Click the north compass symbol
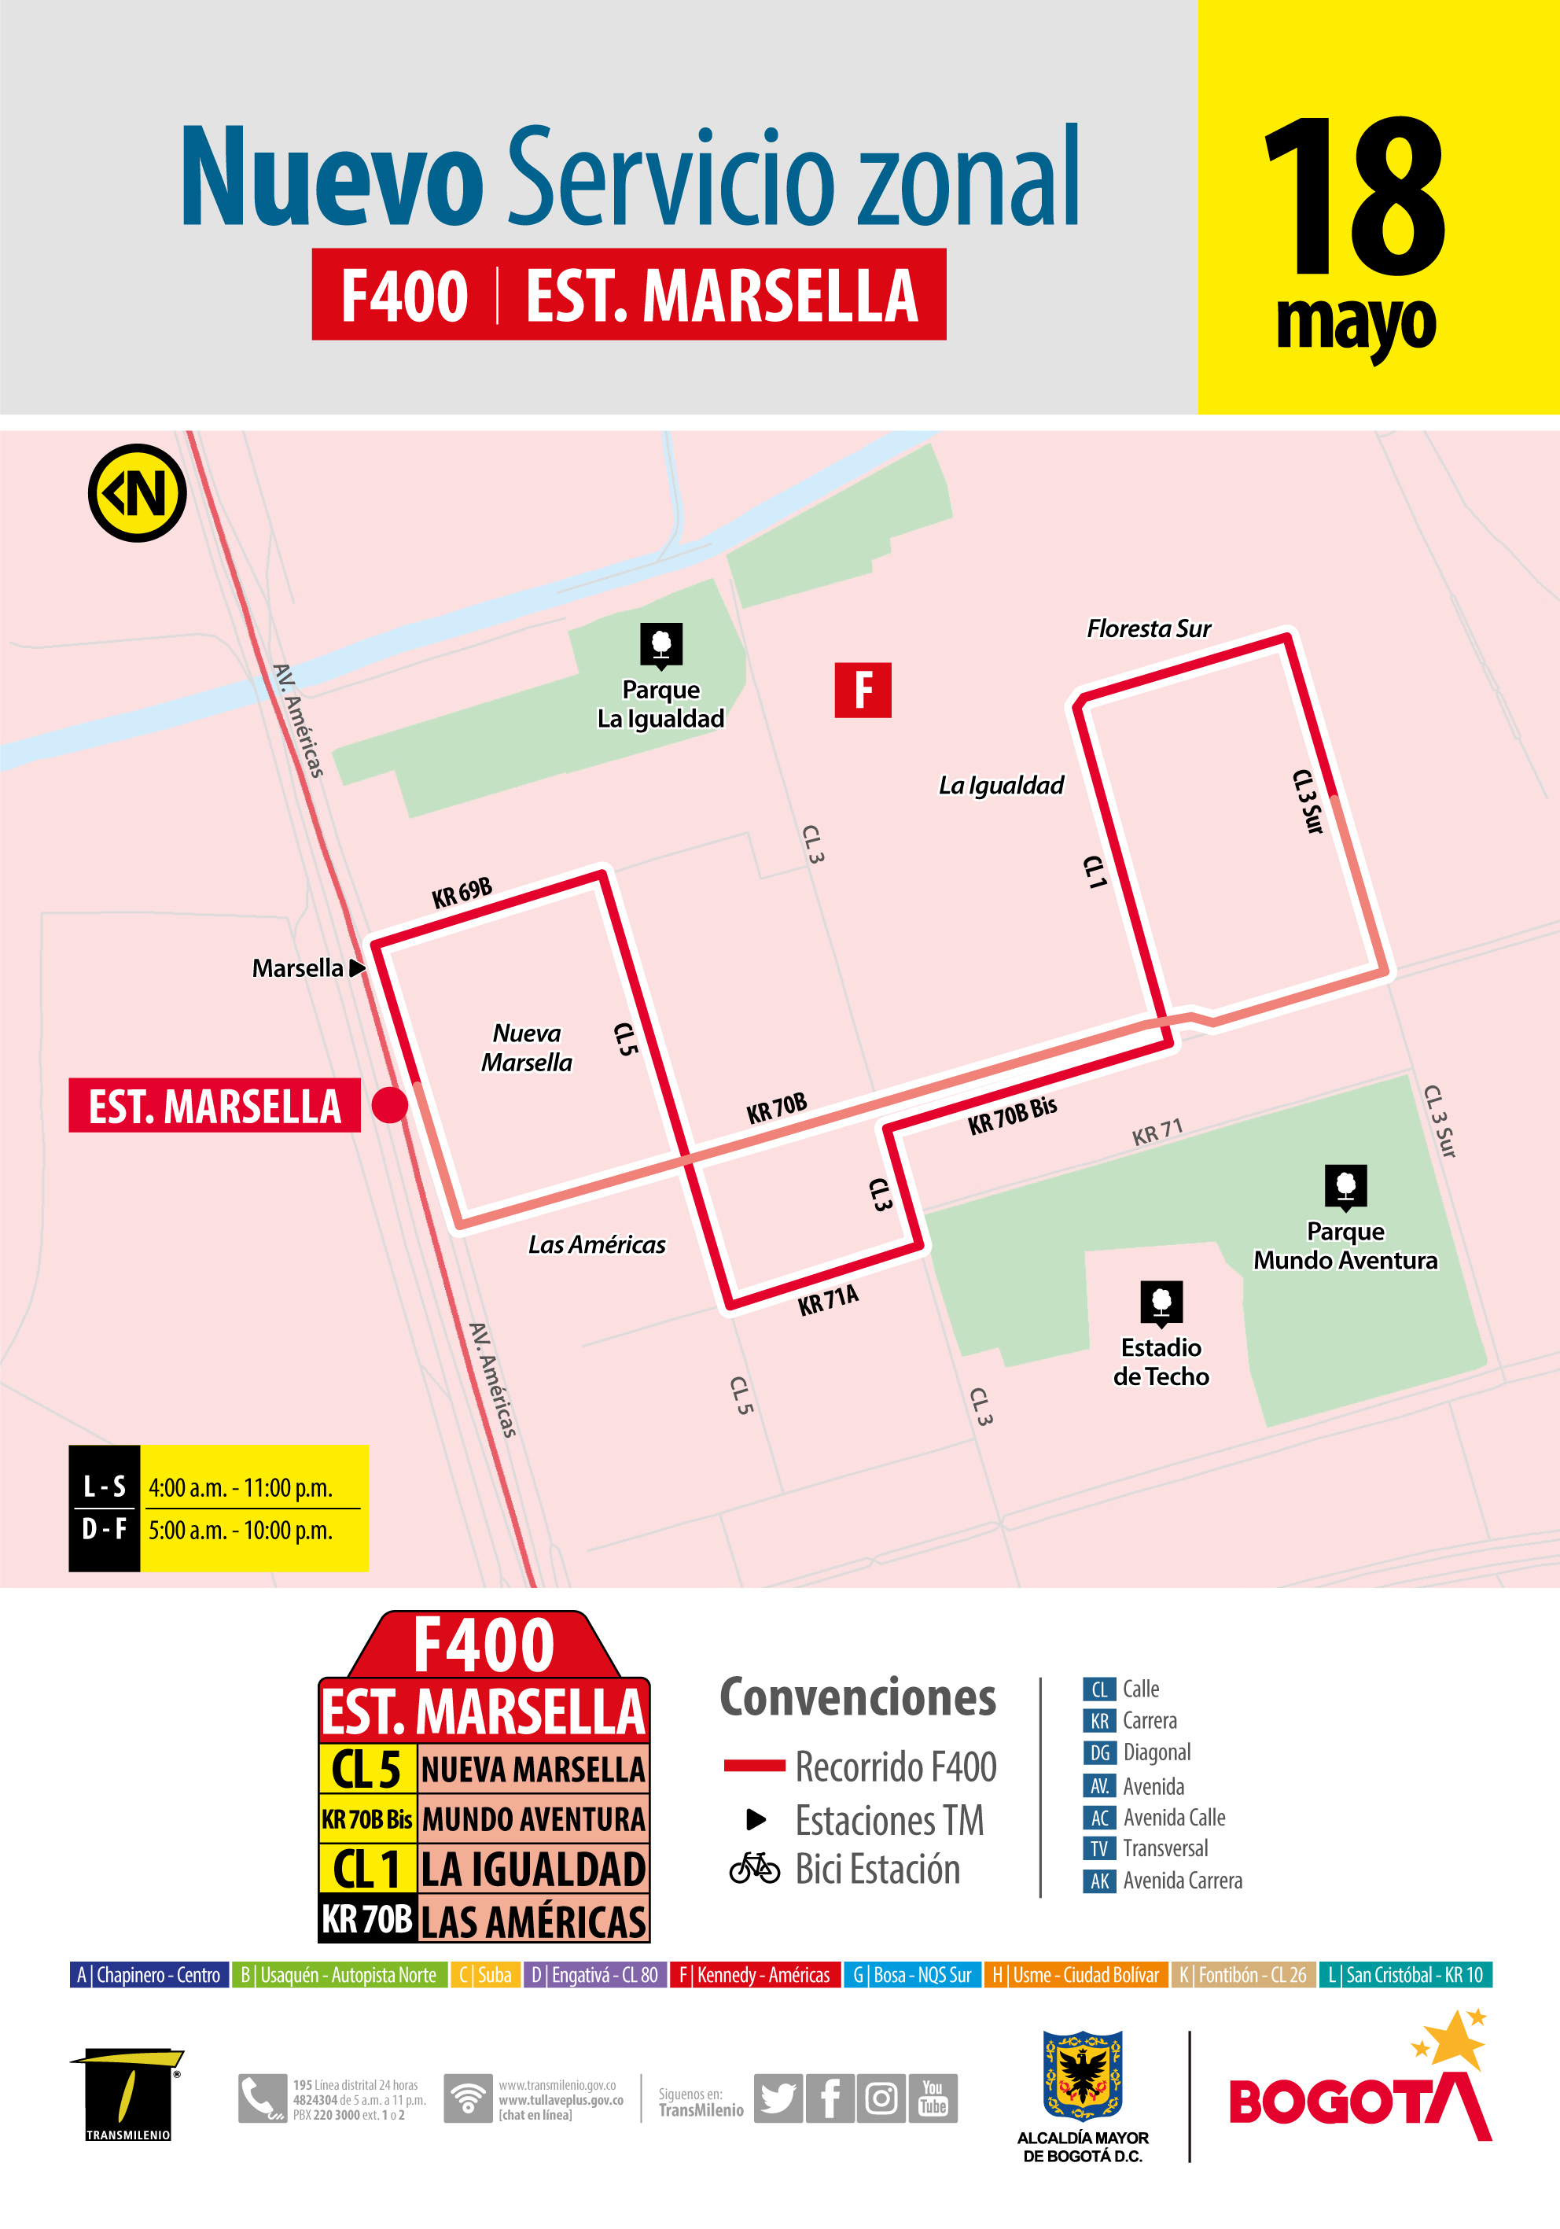[x=137, y=493]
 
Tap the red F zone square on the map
[x=862, y=691]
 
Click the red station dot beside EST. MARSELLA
[x=389, y=1105]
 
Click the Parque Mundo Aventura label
[x=1345, y=1246]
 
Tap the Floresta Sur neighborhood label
[x=1149, y=629]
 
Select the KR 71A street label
[x=828, y=1300]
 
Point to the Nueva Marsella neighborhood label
[x=526, y=1048]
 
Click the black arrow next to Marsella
[x=356, y=968]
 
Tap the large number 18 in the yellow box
[x=1354, y=199]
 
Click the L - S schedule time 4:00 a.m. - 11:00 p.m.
[x=241, y=1488]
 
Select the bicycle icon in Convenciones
[x=754, y=1868]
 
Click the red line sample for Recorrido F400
[x=754, y=1766]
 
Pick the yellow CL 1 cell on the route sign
[x=367, y=1869]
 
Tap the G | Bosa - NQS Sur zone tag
[x=911, y=1975]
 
